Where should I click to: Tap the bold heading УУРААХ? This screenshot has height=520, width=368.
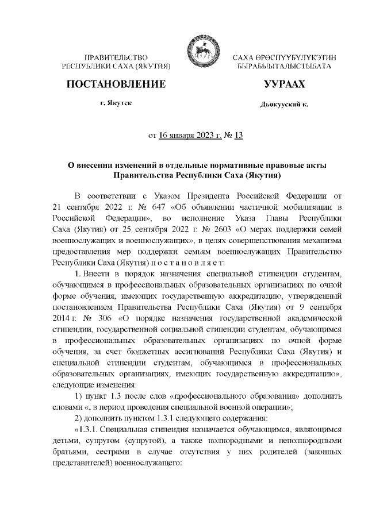coord(284,84)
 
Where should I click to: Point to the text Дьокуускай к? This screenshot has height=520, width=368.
coord(284,106)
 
